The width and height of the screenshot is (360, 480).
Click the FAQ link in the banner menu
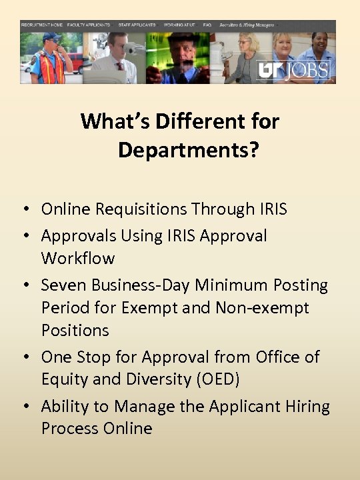[x=207, y=25]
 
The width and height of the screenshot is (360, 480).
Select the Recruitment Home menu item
[x=42, y=25]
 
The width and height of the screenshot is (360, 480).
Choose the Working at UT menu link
[x=179, y=25]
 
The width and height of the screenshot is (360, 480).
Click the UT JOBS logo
[x=294, y=69]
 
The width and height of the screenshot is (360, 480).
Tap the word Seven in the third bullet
[x=64, y=285]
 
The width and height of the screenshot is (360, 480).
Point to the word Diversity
[x=140, y=380]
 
